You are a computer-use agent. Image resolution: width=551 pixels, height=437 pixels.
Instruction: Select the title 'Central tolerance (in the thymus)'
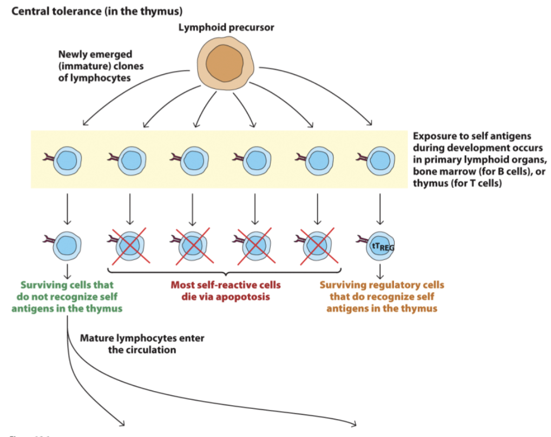point(96,10)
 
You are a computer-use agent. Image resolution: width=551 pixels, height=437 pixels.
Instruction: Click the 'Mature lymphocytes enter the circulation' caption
point(142,344)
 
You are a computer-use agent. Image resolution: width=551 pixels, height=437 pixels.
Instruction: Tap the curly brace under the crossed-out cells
point(225,272)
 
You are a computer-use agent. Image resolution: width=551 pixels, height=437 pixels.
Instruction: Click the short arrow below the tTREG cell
point(381,269)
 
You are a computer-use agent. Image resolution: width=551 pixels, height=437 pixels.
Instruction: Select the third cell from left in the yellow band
point(193,161)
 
